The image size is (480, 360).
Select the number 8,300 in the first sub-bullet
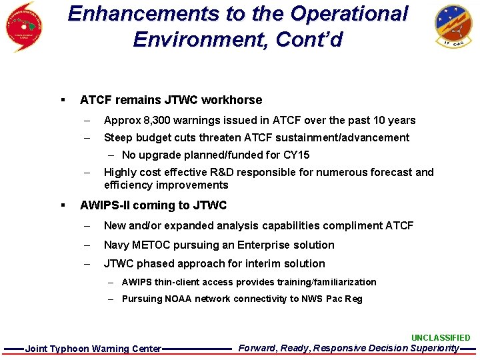click(x=151, y=121)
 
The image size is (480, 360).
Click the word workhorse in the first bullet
click(x=234, y=100)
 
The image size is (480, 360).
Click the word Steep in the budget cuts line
click(x=118, y=138)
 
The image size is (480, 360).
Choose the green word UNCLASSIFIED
click(x=441, y=338)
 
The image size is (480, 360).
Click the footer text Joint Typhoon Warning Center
click(x=93, y=349)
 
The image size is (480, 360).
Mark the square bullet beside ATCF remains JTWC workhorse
click(x=61, y=100)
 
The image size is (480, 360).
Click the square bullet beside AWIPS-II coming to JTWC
click(x=61, y=205)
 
